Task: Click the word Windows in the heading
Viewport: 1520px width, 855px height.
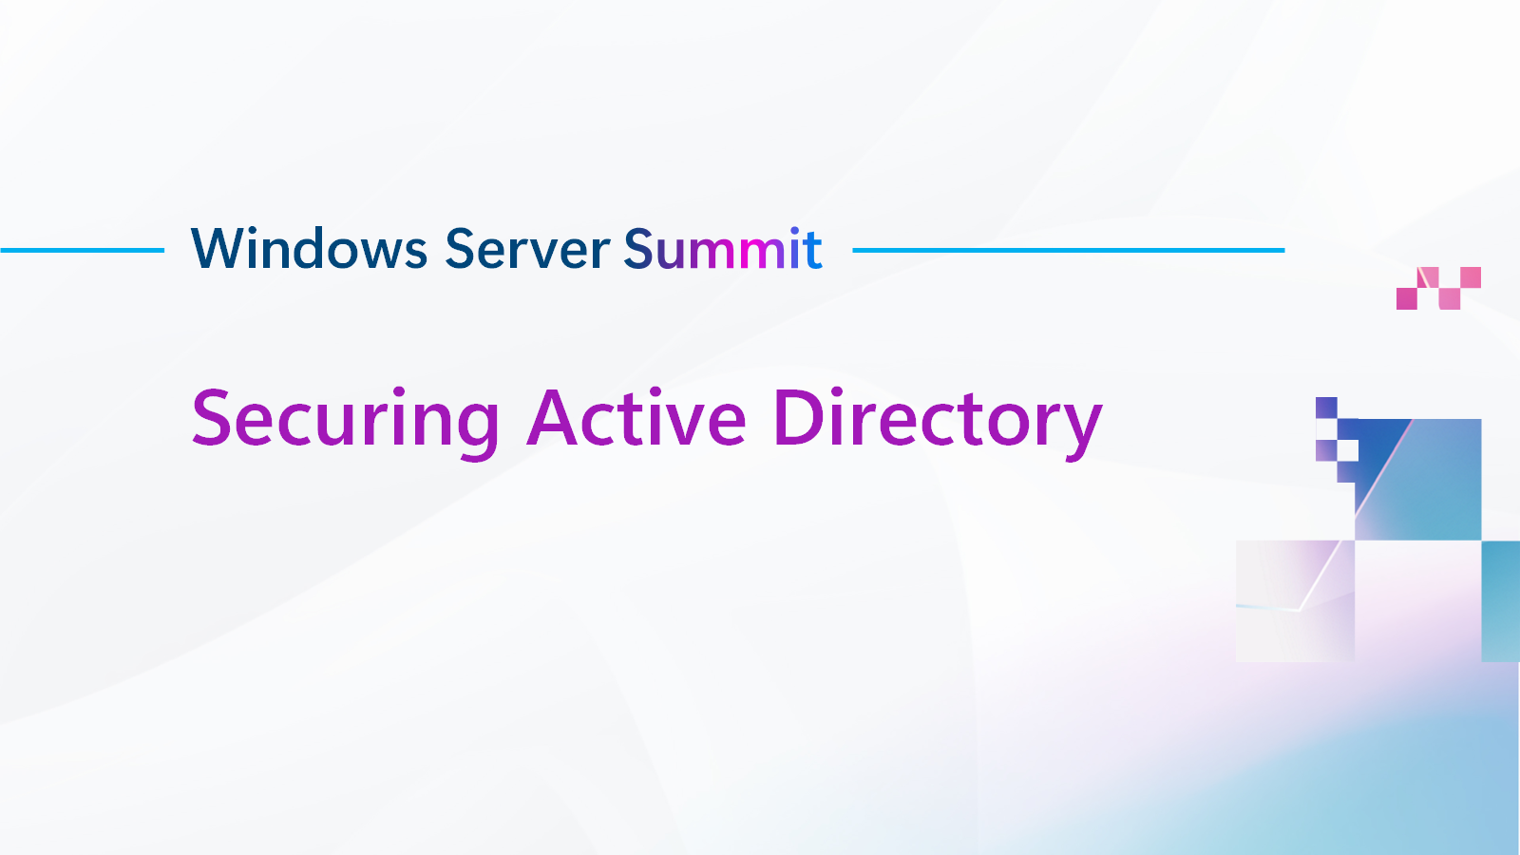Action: [309, 249]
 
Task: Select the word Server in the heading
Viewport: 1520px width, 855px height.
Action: [527, 249]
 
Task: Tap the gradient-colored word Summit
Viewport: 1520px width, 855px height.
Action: [723, 249]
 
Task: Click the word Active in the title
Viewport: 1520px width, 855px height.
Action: [637, 419]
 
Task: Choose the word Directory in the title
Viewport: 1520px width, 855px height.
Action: [937, 419]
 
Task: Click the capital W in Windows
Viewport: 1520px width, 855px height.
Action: [217, 249]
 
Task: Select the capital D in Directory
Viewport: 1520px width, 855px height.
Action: [797, 419]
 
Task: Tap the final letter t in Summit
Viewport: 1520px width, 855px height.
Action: [812, 251]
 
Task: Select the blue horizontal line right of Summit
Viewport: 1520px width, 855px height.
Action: [1068, 251]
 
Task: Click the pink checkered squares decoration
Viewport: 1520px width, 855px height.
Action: [1438, 288]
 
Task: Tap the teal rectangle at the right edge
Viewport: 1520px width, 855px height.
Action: [1500, 600]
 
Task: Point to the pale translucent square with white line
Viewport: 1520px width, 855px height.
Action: [1295, 600]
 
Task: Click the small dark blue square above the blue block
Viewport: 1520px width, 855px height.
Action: [1326, 408]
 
